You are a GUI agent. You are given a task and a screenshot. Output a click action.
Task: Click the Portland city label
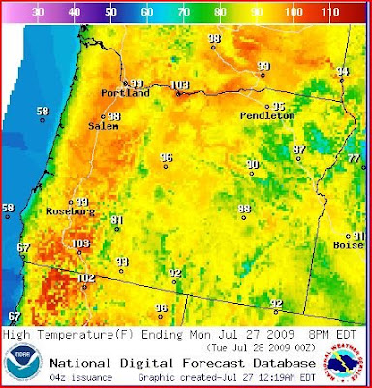point(126,95)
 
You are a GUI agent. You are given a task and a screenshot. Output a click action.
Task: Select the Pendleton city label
point(267,115)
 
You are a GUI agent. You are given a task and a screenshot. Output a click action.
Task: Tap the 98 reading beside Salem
point(113,116)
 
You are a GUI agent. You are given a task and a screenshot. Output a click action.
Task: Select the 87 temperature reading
point(300,149)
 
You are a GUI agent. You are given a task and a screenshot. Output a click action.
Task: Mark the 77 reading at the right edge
point(354,158)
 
